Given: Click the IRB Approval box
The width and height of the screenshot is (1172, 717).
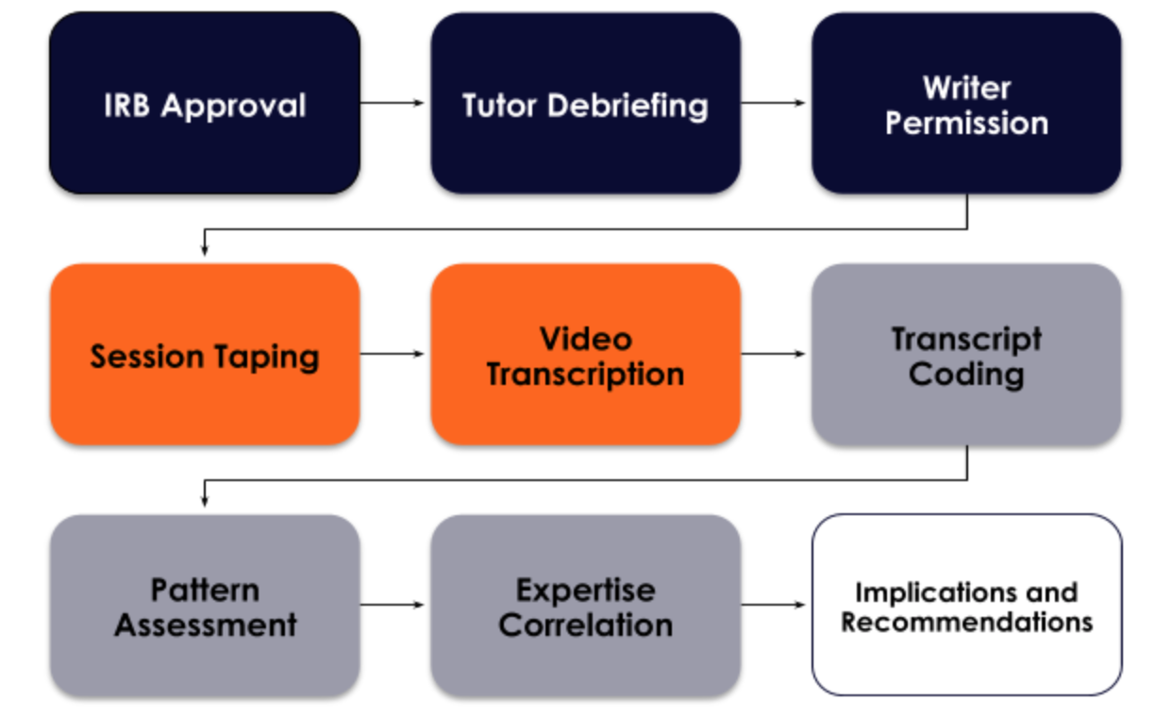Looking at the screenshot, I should [x=205, y=104].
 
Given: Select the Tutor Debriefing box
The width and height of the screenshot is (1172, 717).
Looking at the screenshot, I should [x=585, y=104].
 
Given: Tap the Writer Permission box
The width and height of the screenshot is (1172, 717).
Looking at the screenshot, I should [x=966, y=104].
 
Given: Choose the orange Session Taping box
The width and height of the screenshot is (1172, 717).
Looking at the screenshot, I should [x=205, y=355].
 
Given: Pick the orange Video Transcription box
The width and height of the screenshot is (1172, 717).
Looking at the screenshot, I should [x=585, y=355].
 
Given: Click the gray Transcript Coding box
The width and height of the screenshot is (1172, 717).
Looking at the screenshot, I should [x=966, y=355].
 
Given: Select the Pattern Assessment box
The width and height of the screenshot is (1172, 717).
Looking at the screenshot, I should [x=205, y=606].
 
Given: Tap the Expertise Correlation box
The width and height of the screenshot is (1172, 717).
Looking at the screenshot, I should [x=585, y=606].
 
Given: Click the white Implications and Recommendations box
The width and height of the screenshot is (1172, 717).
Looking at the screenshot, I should [x=966, y=606].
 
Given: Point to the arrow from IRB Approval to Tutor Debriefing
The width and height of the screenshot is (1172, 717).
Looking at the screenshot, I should [x=393, y=103].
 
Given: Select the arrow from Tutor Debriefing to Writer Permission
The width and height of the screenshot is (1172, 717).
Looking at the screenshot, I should [x=775, y=103].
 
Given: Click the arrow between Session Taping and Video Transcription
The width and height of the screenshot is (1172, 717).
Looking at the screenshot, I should [x=393, y=354].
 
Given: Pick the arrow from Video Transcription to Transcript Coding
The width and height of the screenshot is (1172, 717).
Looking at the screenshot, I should [x=775, y=354].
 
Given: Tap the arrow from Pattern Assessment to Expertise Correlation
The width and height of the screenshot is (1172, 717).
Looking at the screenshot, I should [x=393, y=605].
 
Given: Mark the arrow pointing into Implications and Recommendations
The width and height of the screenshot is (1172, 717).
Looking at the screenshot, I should [x=775, y=605].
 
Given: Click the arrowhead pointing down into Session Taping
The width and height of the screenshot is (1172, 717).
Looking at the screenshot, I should [x=204, y=250].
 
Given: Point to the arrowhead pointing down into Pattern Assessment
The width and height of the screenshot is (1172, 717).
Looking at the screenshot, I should [x=204, y=501].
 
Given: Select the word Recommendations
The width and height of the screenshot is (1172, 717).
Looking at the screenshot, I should [x=966, y=623].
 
